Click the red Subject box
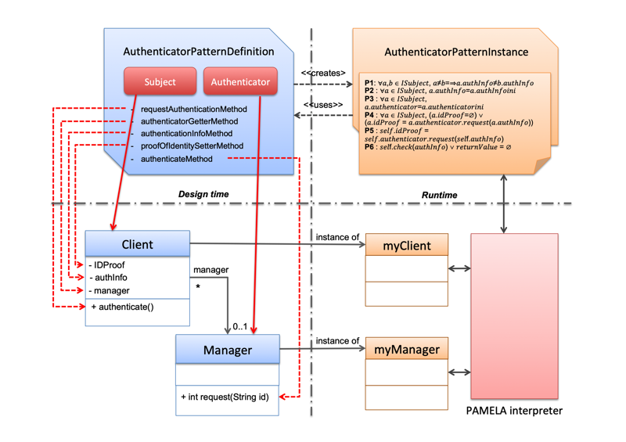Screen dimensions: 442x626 [160, 82]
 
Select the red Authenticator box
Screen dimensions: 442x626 [240, 82]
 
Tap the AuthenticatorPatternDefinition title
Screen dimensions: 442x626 [199, 52]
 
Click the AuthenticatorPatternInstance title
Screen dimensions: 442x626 [456, 52]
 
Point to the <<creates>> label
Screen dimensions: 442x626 [323, 74]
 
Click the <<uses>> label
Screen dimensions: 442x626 [322, 105]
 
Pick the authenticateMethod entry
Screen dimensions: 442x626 [176, 159]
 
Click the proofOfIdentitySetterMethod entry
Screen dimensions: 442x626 [192, 146]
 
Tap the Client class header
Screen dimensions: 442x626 [137, 244]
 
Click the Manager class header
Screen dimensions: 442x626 [227, 349]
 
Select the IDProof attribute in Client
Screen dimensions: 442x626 [109, 265]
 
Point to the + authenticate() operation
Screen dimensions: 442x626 [122, 307]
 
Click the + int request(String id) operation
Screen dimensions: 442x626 [225, 397]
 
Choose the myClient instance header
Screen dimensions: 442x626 [406, 246]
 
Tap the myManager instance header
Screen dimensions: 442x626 [406, 349]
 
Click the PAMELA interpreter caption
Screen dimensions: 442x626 [514, 411]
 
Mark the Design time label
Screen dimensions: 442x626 [203, 194]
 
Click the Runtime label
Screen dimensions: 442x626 [439, 195]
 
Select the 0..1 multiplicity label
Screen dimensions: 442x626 [239, 327]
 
